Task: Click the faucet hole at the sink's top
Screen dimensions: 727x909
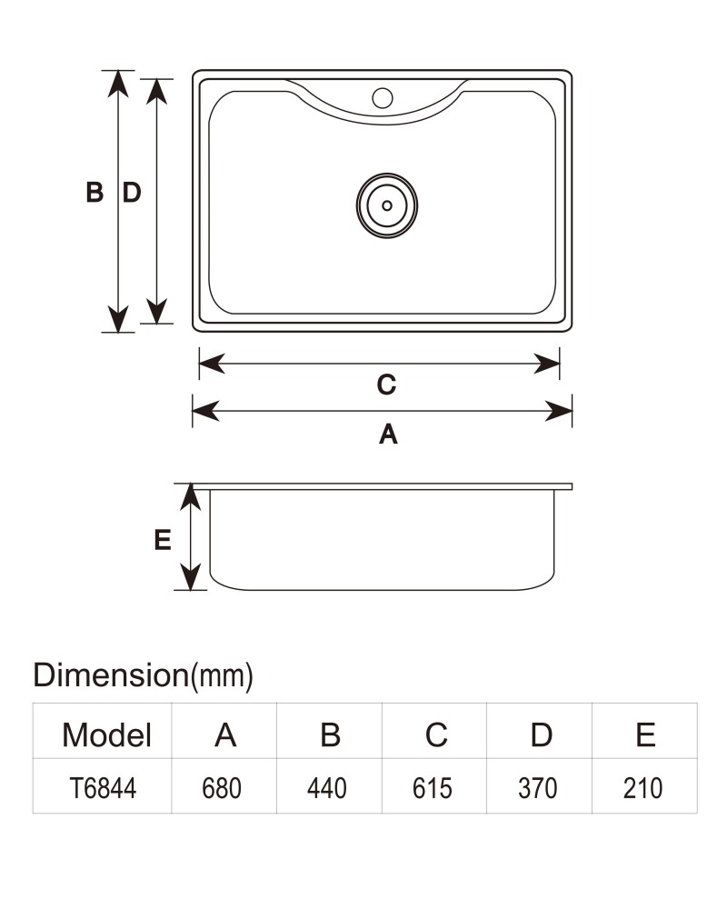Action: click(382, 98)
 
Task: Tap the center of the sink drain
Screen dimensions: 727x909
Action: click(387, 205)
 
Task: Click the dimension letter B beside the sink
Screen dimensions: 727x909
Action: click(95, 192)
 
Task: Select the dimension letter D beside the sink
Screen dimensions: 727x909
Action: click(132, 192)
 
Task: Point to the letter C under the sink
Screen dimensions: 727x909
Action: click(387, 385)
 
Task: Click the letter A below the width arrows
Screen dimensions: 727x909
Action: click(388, 434)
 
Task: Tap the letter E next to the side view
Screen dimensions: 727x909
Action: click(163, 540)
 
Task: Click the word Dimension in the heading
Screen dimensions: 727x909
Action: click(111, 674)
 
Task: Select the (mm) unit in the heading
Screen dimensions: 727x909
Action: click(222, 676)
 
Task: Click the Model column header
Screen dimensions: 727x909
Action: click(106, 735)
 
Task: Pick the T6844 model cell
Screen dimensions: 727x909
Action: click(103, 788)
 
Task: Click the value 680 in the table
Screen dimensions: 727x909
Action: click(222, 788)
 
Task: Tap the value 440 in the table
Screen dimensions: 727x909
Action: click(327, 788)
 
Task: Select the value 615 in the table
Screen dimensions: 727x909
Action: click(432, 788)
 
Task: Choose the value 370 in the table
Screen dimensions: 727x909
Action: click(537, 788)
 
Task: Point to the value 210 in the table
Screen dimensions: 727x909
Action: click(642, 788)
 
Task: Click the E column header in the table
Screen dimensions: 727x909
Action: click(645, 735)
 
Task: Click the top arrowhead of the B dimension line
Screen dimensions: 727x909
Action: click(118, 84)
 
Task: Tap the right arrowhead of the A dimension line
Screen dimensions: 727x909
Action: click(559, 411)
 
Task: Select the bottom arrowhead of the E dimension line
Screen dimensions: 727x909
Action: click(191, 577)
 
